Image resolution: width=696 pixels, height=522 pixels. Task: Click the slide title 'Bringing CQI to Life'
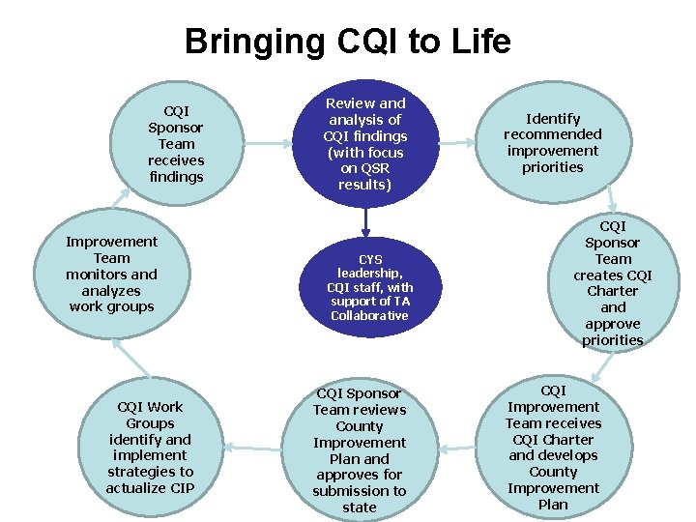point(347,42)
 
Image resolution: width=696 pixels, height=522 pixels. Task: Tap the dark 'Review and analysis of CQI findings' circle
point(365,143)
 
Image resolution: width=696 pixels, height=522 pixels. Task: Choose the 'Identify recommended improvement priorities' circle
point(552,143)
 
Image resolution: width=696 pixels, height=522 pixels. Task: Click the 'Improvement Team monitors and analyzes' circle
point(111,274)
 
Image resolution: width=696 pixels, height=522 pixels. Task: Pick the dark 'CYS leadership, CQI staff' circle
point(369,287)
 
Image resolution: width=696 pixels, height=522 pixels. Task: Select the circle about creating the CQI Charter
point(613,282)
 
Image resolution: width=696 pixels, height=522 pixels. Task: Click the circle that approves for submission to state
point(360,450)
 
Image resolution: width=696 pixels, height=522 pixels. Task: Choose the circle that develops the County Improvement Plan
point(553,447)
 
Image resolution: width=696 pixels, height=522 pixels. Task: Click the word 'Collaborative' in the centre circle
point(369,316)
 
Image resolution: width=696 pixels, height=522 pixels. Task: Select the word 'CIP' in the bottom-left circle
point(181,487)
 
